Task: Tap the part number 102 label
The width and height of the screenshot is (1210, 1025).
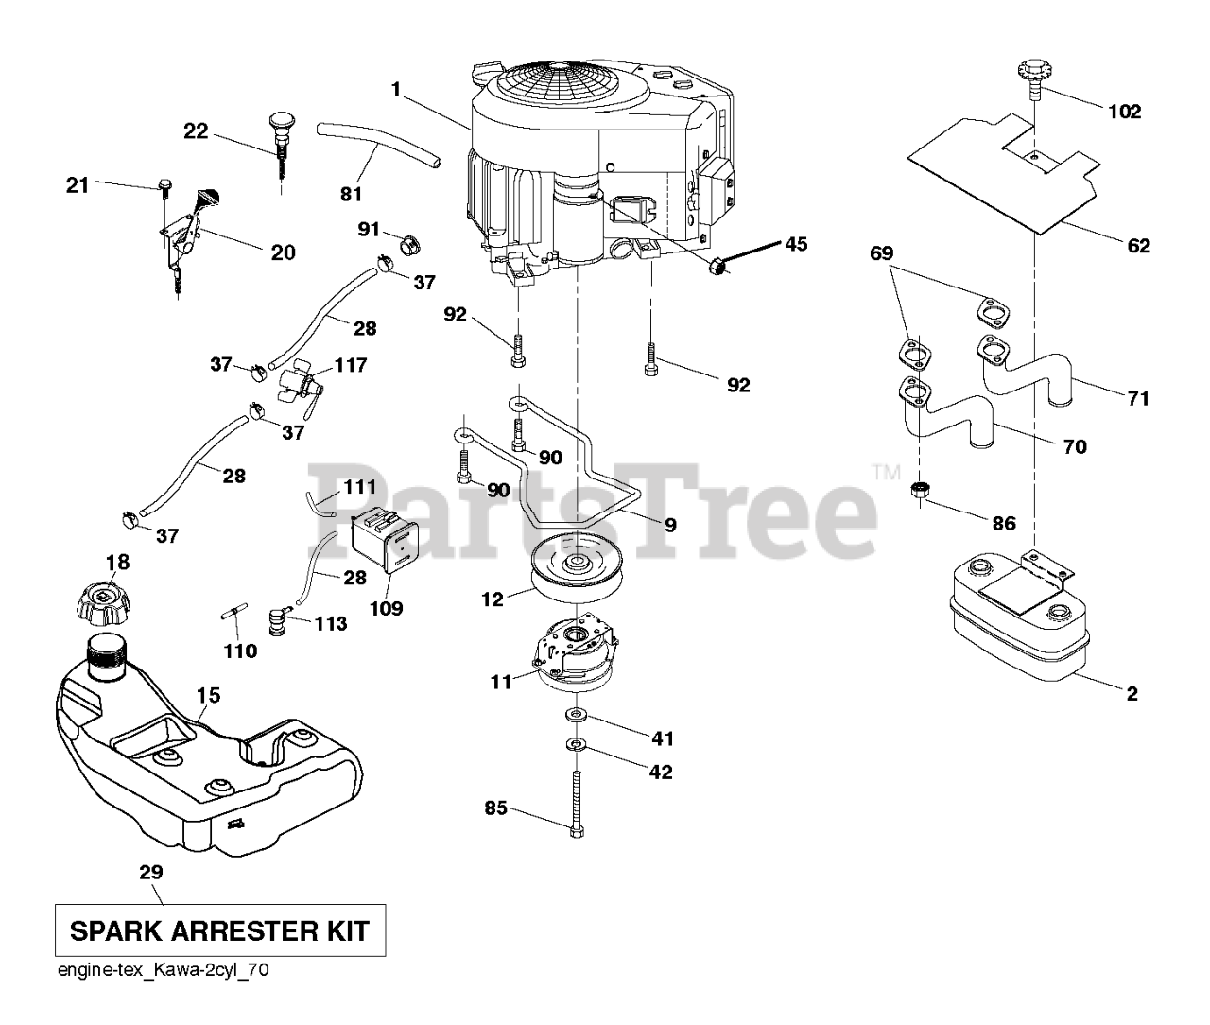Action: tap(1124, 112)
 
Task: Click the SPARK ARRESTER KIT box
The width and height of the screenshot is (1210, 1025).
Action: tap(220, 931)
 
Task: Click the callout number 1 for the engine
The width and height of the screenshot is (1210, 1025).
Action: tap(395, 89)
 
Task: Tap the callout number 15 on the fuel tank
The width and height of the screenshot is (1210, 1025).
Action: tap(208, 696)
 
